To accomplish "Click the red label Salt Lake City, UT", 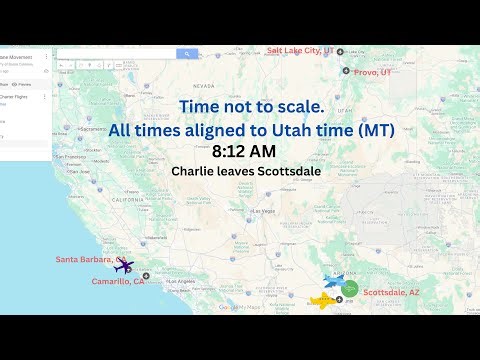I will click(x=299, y=50).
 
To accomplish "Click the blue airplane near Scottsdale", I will click(x=336, y=281).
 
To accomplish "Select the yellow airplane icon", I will click(x=323, y=299).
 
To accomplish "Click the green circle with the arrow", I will click(x=350, y=288).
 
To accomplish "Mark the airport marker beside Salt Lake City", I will click(x=340, y=51).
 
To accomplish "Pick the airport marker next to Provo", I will click(x=346, y=71).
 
